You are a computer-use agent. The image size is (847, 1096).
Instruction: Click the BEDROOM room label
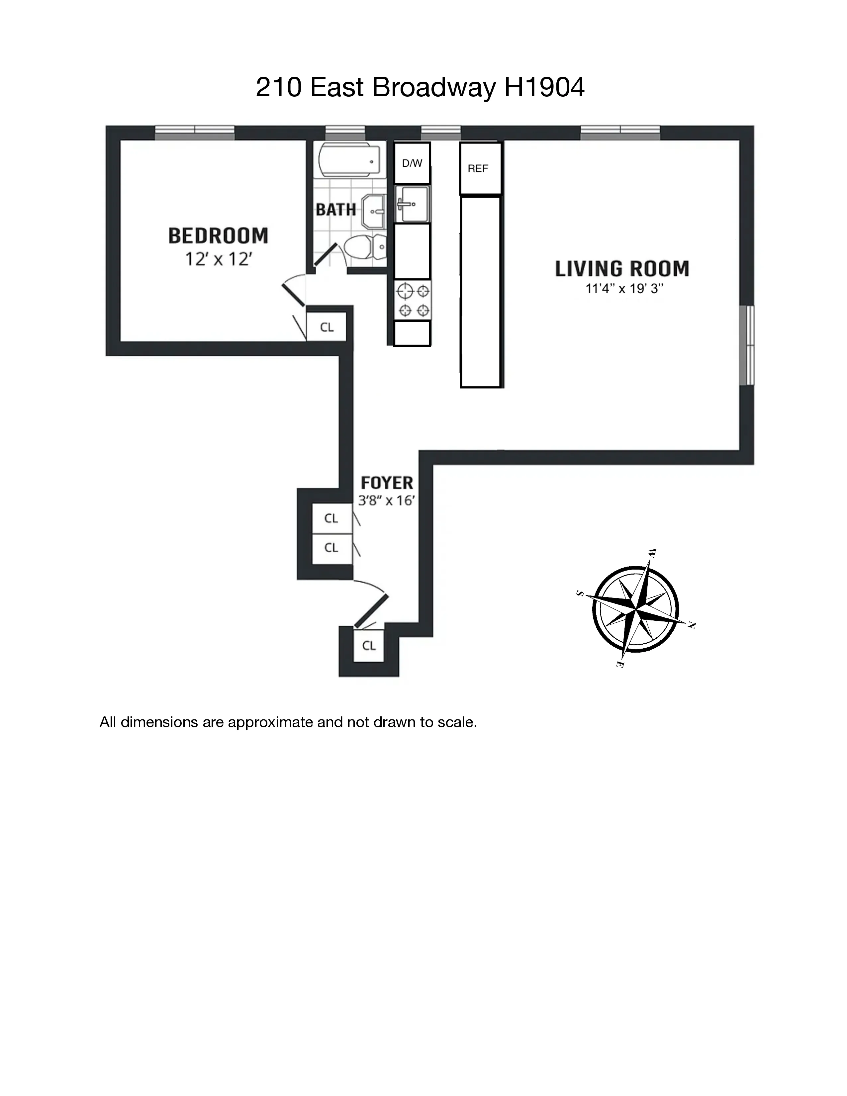click(218, 235)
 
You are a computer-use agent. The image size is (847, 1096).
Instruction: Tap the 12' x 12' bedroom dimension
click(218, 259)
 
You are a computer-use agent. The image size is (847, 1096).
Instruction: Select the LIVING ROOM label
click(622, 269)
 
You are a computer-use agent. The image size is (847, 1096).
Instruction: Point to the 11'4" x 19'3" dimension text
click(624, 289)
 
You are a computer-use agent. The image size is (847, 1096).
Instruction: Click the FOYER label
click(387, 483)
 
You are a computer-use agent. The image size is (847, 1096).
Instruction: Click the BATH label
click(336, 209)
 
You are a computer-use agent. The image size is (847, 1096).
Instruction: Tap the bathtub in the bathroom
click(349, 161)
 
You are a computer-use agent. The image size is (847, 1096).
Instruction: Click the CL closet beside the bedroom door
click(327, 327)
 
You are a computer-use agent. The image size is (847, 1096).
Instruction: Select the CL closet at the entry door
click(369, 645)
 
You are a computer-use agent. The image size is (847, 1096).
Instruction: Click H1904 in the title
click(544, 87)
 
